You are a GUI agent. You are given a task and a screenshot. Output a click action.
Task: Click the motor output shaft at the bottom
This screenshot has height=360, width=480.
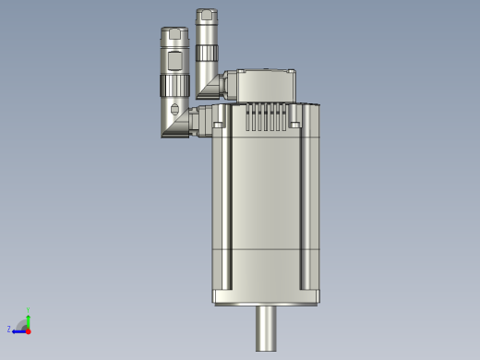tap(268, 328)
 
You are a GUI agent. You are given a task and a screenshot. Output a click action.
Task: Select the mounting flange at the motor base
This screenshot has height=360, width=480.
tap(267, 296)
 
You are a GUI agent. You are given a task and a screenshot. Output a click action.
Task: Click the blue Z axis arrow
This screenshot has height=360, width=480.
tap(18, 329)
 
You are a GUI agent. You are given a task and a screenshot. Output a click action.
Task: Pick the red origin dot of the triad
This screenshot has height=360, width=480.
tap(28, 330)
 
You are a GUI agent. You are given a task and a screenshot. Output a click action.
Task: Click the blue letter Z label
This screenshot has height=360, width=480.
tap(9, 330)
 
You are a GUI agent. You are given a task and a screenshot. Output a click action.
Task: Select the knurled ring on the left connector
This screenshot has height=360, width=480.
tap(174, 87)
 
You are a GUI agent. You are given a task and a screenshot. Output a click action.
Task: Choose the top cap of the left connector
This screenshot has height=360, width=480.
tap(174, 34)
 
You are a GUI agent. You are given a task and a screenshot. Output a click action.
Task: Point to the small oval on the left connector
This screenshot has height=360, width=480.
tap(174, 110)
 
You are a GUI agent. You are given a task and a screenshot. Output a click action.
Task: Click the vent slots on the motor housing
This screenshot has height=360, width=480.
tap(266, 117)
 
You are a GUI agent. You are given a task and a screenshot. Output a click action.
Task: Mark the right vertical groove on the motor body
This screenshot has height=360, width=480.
tap(306, 203)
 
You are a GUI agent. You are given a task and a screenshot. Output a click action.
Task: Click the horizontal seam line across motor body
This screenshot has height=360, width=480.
tap(267, 250)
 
